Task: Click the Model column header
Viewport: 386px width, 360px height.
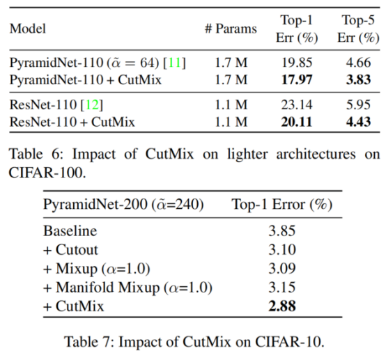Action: pyautogui.click(x=27, y=30)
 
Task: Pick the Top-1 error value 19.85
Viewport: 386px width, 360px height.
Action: pyautogui.click(x=297, y=63)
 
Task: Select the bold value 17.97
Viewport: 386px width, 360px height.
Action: pyautogui.click(x=297, y=79)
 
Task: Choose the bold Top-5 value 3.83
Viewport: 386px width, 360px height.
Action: pyautogui.click(x=357, y=79)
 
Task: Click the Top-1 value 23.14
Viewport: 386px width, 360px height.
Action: pyautogui.click(x=297, y=106)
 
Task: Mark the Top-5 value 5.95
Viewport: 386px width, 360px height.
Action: pyautogui.click(x=357, y=106)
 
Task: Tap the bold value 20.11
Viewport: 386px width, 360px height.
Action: pyautogui.click(x=297, y=123)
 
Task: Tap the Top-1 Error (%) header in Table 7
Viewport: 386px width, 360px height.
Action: pyautogui.click(x=281, y=206)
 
